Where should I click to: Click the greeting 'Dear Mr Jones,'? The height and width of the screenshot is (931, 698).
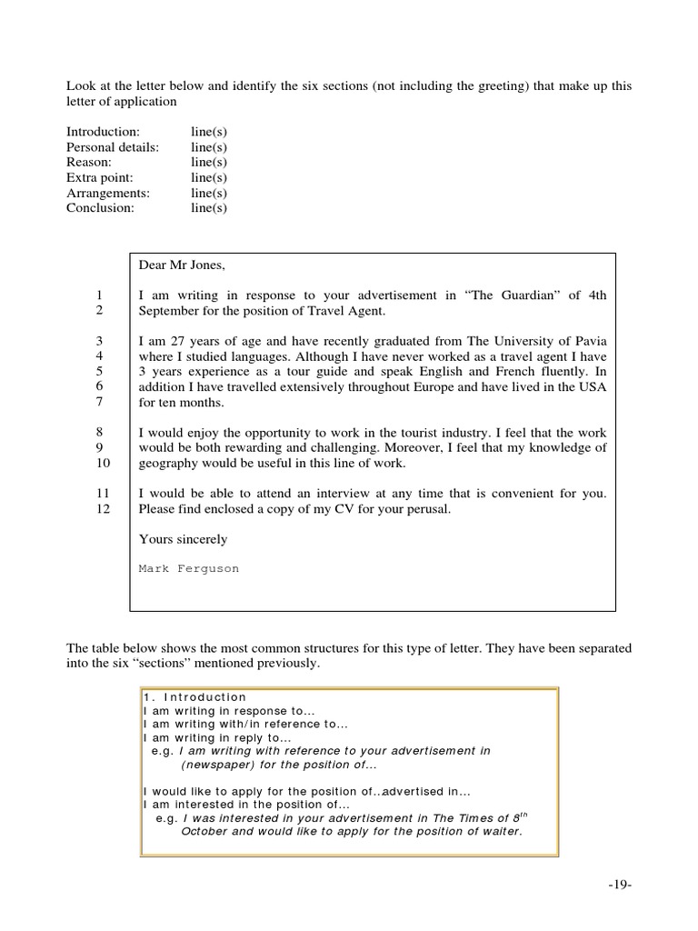[181, 265]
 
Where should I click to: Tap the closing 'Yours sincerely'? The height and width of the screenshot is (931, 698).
[183, 539]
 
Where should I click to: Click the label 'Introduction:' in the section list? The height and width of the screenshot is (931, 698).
[103, 132]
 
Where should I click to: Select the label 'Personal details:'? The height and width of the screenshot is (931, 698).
[113, 147]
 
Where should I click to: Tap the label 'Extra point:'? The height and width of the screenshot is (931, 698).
[99, 177]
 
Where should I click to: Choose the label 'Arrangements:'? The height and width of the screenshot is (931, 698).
[108, 193]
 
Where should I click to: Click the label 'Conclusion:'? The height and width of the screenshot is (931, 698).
[100, 207]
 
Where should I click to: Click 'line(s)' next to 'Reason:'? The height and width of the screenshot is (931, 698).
[209, 162]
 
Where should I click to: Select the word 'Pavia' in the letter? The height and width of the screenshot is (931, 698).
[588, 342]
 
